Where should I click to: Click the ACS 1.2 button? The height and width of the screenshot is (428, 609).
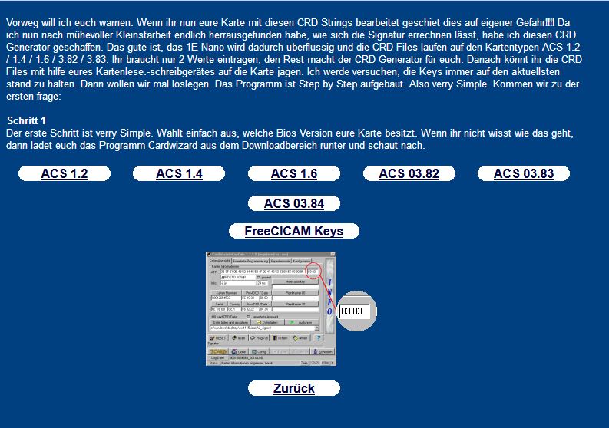tap(64, 174)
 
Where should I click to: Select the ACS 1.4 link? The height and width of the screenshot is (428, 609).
tap(179, 174)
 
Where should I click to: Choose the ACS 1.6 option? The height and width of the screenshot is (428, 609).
tap(294, 174)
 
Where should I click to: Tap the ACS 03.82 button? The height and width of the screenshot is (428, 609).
tap(409, 174)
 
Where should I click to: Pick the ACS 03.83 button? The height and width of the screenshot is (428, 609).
tap(524, 174)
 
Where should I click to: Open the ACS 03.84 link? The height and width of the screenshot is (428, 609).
tap(294, 203)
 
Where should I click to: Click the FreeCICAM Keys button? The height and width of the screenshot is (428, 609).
tap(294, 231)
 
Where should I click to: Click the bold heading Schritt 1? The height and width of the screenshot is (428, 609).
tap(27, 121)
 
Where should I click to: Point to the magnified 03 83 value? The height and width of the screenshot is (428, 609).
tap(352, 311)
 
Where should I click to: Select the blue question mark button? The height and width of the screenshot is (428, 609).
tap(318, 337)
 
